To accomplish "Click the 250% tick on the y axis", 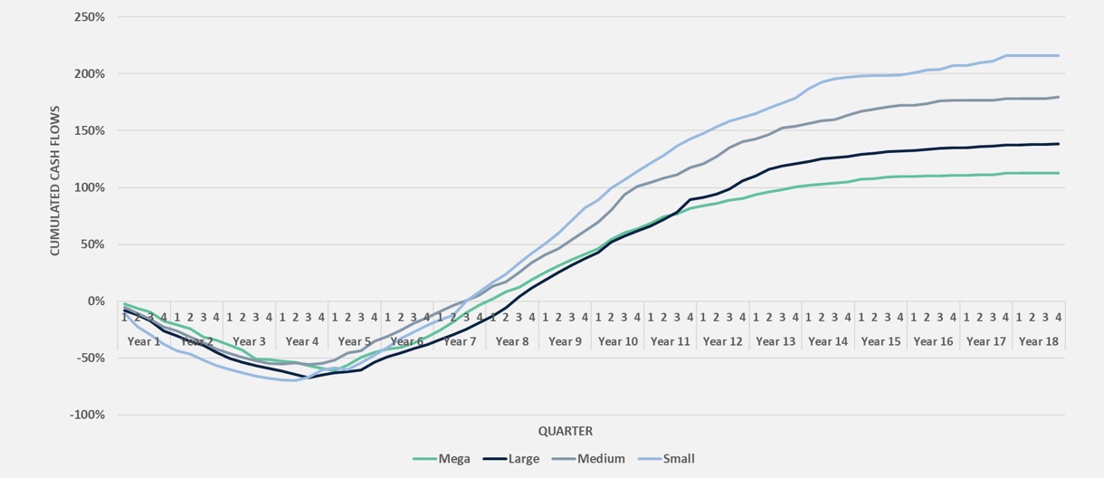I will pyautogui.click(x=90, y=17).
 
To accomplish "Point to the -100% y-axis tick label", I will pyautogui.click(x=87, y=415).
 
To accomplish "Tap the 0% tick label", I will pyautogui.click(x=95, y=301).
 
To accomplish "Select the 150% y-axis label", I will pyautogui.click(x=90, y=130).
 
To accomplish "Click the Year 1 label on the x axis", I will pyautogui.click(x=144, y=341).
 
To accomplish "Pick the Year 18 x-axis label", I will pyautogui.click(x=1038, y=341).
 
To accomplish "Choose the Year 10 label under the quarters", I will pyautogui.click(x=618, y=341).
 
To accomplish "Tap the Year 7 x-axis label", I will pyautogui.click(x=460, y=341).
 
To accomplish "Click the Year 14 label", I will pyautogui.click(x=828, y=341).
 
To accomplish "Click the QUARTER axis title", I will pyautogui.click(x=566, y=431).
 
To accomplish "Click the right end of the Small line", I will pyautogui.click(x=1059, y=55).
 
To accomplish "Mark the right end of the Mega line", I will pyautogui.click(x=1059, y=173).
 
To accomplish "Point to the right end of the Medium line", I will pyautogui.click(x=1059, y=97).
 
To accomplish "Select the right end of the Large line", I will pyautogui.click(x=1059, y=144).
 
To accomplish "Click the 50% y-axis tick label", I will pyautogui.click(x=92, y=244).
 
